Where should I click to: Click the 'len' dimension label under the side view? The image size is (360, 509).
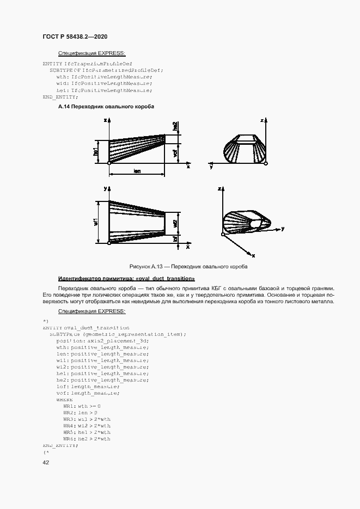[137, 171]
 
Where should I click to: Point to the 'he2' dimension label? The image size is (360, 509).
[175, 126]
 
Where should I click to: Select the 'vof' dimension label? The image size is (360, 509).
[175, 152]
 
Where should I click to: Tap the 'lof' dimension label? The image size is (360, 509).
[175, 239]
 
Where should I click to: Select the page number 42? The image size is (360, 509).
[46, 463]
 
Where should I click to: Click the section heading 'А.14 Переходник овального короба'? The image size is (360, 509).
[106, 107]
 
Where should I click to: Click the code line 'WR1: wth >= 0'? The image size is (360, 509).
[82, 406]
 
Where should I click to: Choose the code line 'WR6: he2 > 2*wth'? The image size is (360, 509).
[87, 439]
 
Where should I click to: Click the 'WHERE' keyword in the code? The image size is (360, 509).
[64, 400]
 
